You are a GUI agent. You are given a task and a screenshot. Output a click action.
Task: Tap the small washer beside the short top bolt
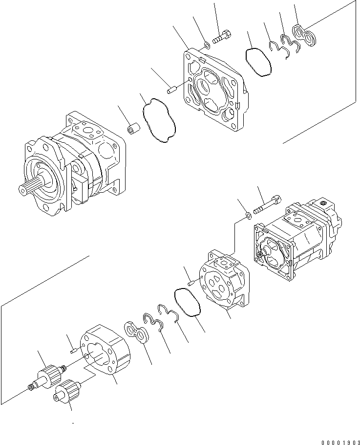207,45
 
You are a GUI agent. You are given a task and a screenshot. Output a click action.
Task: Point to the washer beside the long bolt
249,214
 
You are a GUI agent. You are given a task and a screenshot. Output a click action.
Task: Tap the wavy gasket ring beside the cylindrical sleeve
158,121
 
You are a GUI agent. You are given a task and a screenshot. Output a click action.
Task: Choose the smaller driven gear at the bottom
67,392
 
